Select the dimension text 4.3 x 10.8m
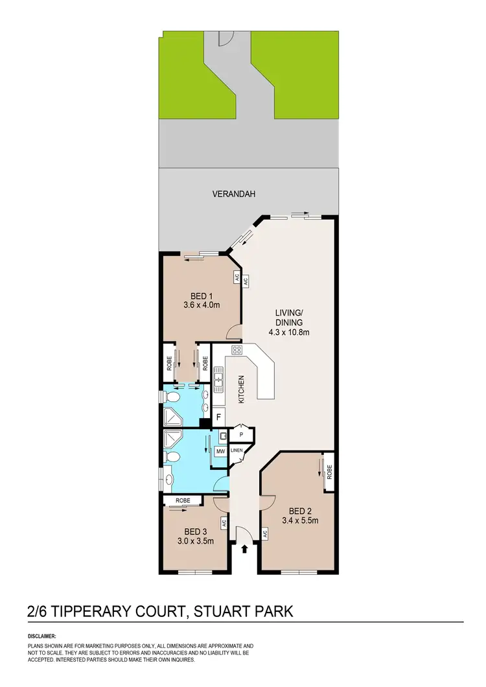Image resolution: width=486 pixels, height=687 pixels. coord(290,333)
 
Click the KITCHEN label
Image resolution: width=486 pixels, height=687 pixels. coord(240,390)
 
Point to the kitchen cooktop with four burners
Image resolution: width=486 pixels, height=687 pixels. coord(237,351)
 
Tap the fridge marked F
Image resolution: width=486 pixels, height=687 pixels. coord(219,417)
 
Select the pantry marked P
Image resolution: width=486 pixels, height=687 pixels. coord(240,434)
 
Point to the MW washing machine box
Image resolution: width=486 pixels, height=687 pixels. coord(220,450)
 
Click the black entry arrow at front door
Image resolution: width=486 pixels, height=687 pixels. coord(244,550)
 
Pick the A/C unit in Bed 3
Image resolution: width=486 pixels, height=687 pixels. coord(223,522)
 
